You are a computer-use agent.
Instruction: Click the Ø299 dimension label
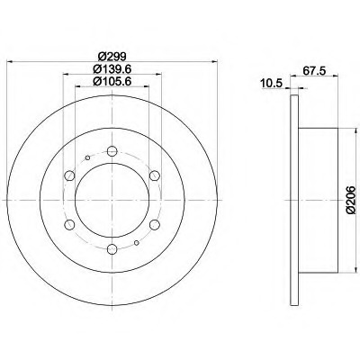[x=112, y=56]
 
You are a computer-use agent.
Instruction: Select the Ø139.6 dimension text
[x=112, y=69]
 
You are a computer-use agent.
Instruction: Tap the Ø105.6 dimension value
[x=112, y=81]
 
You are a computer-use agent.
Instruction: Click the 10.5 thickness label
[x=272, y=84]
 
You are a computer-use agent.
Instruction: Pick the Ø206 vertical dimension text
[x=350, y=200]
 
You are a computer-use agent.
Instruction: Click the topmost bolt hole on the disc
[x=112, y=151]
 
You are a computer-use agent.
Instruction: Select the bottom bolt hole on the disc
[x=112, y=248]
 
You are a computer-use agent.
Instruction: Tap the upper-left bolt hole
[x=69, y=175]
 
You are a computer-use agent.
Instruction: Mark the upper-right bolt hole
[x=154, y=175]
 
